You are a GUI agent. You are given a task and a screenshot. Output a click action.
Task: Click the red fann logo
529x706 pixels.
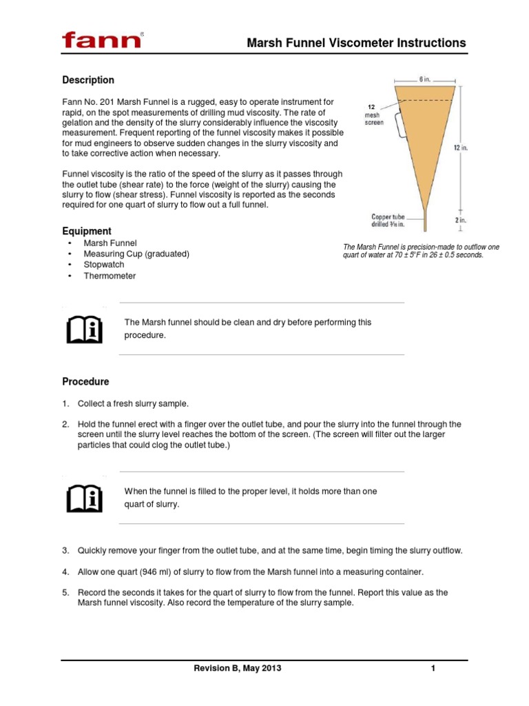tap(102, 40)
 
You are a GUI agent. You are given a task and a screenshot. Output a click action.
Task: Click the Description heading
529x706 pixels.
tap(88, 80)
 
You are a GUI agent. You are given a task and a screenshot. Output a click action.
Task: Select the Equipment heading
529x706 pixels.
tap(87, 231)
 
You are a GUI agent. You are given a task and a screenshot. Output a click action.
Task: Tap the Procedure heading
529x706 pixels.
tap(85, 381)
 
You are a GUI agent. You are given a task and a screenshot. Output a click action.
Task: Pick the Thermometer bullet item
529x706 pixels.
tap(110, 276)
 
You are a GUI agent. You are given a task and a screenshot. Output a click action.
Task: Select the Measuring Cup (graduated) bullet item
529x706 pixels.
tap(136, 254)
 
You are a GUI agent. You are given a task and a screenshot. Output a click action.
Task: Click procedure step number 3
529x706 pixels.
tap(66, 550)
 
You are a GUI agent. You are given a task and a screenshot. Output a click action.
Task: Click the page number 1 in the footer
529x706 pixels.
tap(433, 669)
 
